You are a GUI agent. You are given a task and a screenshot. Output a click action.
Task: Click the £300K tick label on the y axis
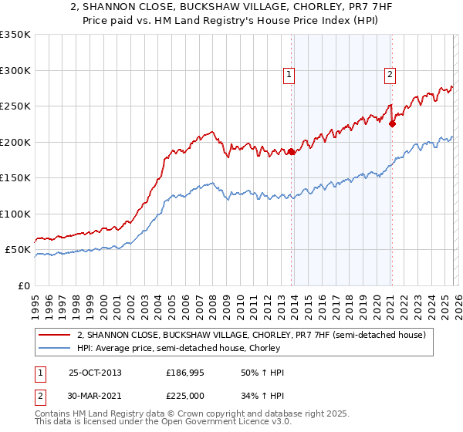pyautogui.click(x=15, y=70)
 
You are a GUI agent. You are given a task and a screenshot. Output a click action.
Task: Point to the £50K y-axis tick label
pyautogui.click(x=17, y=250)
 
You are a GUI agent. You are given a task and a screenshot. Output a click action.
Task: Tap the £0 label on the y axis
pyautogui.click(x=24, y=286)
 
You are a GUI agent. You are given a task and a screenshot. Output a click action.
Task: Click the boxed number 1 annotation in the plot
pyautogui.click(x=289, y=75)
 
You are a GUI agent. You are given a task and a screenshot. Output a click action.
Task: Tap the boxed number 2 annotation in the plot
pyautogui.click(x=390, y=75)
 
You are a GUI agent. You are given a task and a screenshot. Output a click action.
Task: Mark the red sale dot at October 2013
pyautogui.click(x=292, y=152)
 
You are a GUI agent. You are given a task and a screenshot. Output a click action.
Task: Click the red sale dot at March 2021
pyautogui.click(x=393, y=123)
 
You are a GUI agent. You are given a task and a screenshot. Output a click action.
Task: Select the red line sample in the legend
pyautogui.click(x=55, y=335)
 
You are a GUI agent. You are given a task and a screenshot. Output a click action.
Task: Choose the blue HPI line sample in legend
pyautogui.click(x=55, y=348)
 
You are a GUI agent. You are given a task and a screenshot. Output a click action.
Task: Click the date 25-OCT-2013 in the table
pyautogui.click(x=95, y=373)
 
